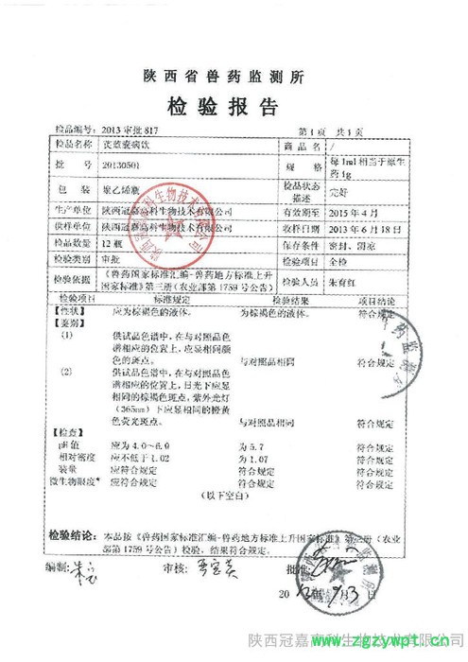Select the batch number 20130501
[x=120, y=165]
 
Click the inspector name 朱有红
[x=342, y=282]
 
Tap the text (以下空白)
[x=220, y=495]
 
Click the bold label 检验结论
[x=73, y=533]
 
